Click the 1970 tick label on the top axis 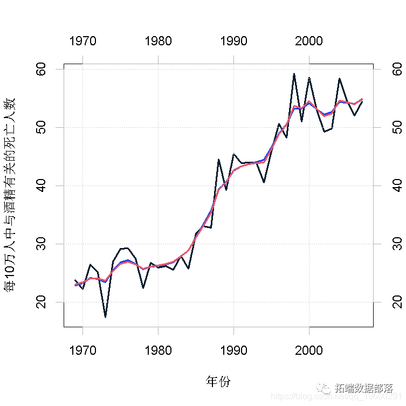[82, 41]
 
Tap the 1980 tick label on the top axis [158, 41]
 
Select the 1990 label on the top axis [233, 41]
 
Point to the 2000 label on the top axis [309, 41]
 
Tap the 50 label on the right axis [396, 128]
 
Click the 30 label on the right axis [396, 244]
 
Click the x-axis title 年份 [218, 382]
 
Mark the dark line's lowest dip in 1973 [105, 317]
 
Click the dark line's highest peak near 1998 [294, 74]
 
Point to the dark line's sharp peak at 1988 [218, 160]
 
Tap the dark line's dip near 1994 [264, 182]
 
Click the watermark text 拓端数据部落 [363, 388]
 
